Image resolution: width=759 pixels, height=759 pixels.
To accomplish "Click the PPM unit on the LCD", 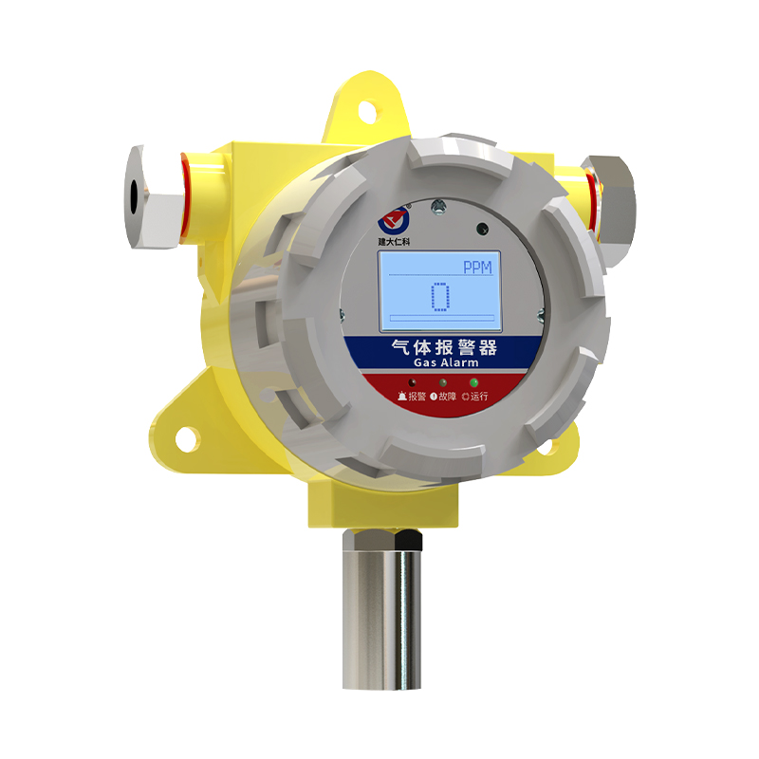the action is point(477,268).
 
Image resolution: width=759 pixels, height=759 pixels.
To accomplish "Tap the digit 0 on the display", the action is point(440,296).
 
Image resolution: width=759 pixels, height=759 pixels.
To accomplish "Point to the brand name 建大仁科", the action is point(394,241).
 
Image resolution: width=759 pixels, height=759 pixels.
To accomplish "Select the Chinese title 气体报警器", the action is point(444,347).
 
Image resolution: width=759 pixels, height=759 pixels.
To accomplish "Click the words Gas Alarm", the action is point(446,362).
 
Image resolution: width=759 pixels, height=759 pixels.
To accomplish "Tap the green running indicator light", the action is point(473,382).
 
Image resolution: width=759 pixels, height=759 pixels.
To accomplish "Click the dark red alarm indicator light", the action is point(412,382).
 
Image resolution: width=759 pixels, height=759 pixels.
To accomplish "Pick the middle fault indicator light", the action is point(442,382).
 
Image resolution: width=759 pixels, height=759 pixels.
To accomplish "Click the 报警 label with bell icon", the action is point(412,397).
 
